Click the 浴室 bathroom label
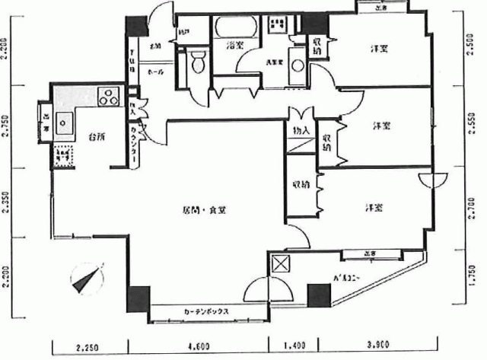tap(234, 46)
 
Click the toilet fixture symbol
tap(198, 61)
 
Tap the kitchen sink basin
tap(62, 123)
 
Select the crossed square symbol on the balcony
tap(281, 264)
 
